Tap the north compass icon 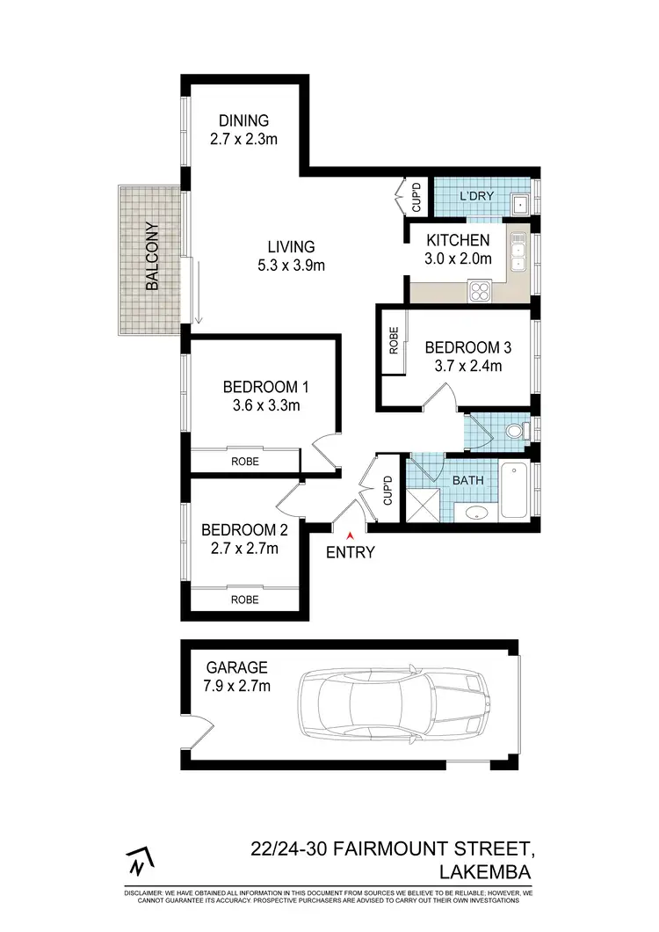(x=136, y=863)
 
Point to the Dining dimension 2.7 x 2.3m (x=244, y=139)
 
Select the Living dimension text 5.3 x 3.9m (x=292, y=265)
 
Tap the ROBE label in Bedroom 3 (x=393, y=341)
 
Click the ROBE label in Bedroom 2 (x=244, y=600)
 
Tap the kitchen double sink (x=518, y=251)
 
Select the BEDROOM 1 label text (x=265, y=387)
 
